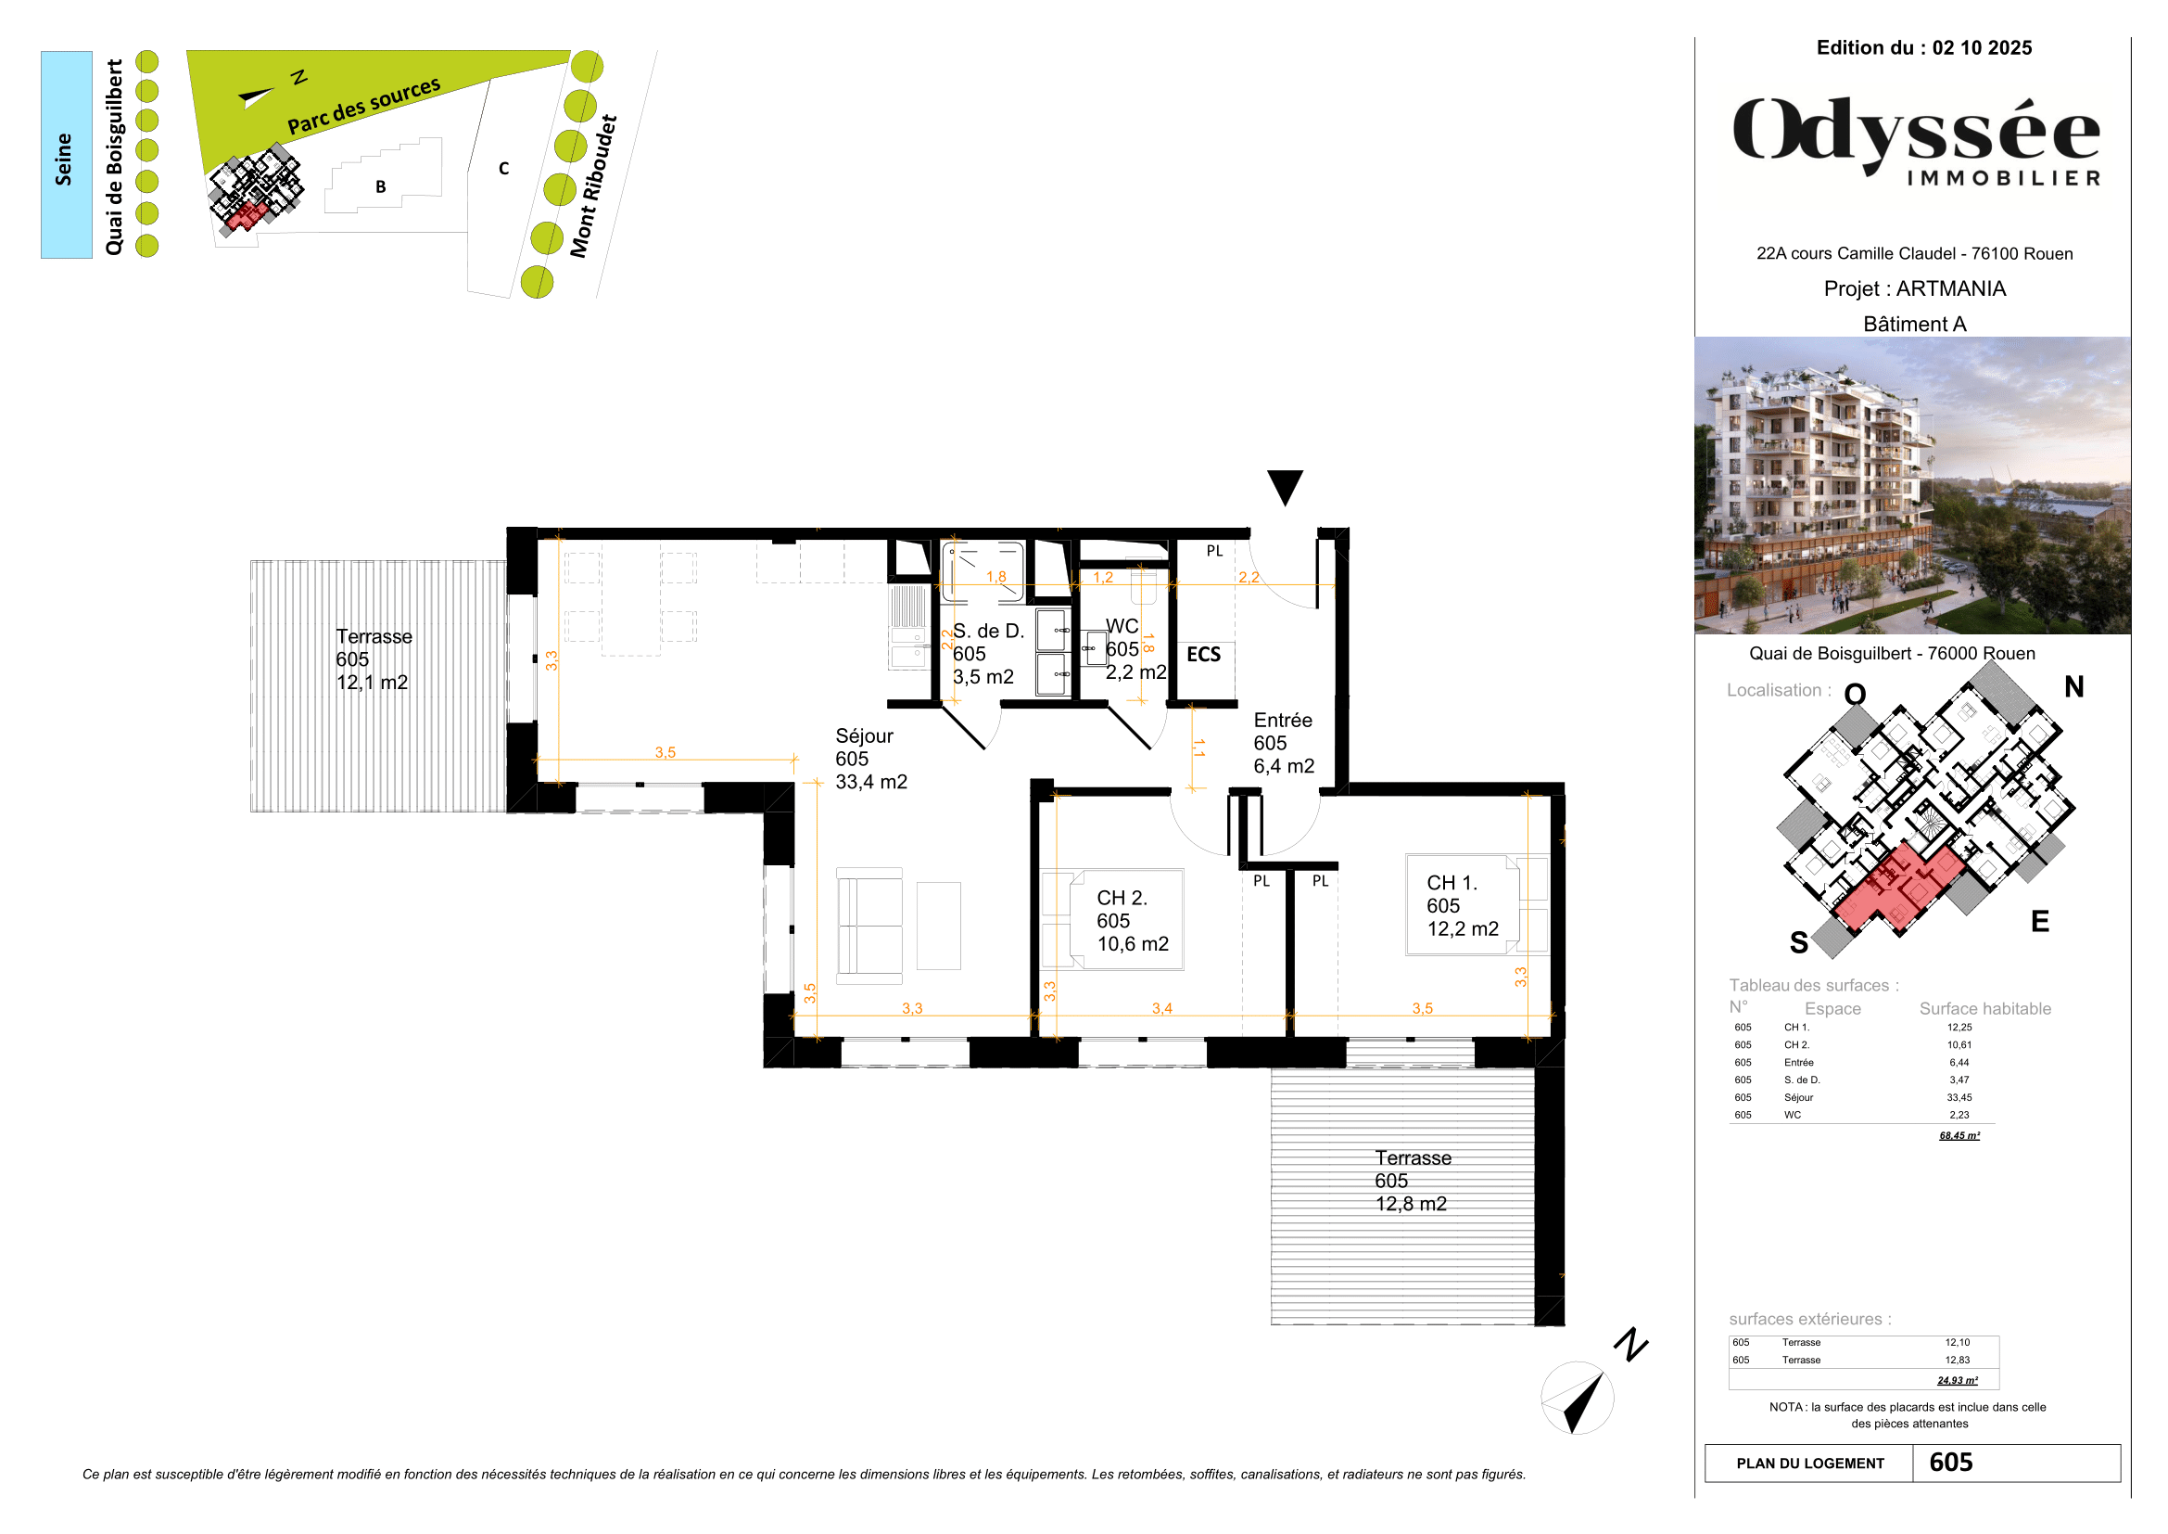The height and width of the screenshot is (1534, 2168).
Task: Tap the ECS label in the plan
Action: click(1203, 655)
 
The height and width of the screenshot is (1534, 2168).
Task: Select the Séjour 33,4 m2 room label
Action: click(870, 759)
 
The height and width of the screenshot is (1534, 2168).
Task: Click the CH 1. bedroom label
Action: click(1462, 906)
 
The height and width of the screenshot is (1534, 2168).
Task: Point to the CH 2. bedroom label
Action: click(1132, 921)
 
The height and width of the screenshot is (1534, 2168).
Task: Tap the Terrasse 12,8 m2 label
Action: click(1412, 1181)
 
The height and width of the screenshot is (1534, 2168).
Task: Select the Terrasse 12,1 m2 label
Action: click(374, 659)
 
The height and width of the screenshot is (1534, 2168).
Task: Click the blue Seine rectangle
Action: click(66, 155)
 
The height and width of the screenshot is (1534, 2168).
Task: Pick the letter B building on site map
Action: click(381, 186)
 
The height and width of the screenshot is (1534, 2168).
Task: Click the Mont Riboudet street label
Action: click(593, 186)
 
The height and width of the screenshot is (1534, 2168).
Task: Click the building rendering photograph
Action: click(1911, 484)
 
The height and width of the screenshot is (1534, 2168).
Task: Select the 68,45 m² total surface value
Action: click(1959, 1135)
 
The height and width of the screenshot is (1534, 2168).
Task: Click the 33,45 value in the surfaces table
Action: click(1959, 1097)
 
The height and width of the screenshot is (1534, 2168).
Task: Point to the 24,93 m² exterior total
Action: click(1958, 1380)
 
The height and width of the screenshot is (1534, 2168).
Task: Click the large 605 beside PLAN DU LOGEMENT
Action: click(1951, 1463)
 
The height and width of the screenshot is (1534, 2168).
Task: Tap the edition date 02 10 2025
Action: click(1981, 48)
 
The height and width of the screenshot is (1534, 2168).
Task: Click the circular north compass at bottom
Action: click(1577, 1398)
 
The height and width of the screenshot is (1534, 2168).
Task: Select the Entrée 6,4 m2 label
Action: click(1283, 744)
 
